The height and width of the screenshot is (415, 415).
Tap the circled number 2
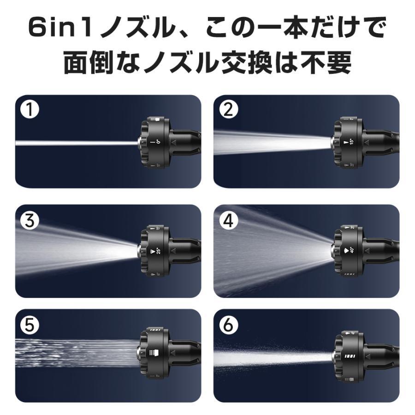[x=229, y=111]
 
